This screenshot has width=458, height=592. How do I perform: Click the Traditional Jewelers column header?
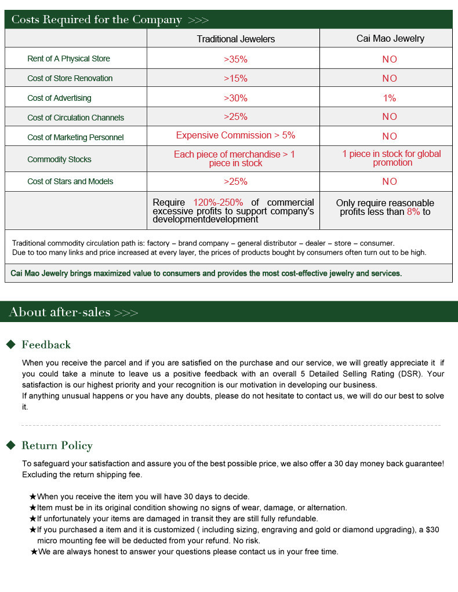pos(235,39)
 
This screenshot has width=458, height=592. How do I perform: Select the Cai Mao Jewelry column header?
pos(390,38)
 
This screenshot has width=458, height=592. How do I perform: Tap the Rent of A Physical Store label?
pos(68,59)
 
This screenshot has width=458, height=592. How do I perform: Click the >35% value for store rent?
pos(235,59)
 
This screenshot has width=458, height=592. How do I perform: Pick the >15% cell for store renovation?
pos(235,78)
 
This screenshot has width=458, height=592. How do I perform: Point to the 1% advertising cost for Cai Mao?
pos(390,98)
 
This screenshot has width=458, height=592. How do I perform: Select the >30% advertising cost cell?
pos(235,98)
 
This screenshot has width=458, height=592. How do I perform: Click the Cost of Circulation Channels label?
pos(75,118)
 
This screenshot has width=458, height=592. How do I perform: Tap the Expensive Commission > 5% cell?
pos(235,136)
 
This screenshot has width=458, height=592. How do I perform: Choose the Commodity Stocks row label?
pos(59,159)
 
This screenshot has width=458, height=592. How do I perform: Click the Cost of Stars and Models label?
pos(70,181)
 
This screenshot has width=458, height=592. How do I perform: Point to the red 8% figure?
pos(413,212)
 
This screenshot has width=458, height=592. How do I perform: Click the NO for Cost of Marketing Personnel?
pos(390,137)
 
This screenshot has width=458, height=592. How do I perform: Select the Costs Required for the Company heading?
pos(96,20)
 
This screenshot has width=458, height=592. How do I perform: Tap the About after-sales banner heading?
pos(60,312)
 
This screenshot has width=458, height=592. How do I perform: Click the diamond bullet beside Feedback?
pos(10,345)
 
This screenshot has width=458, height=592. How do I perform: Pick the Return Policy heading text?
pos(57,445)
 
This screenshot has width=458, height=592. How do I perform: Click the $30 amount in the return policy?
pos(432,529)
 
